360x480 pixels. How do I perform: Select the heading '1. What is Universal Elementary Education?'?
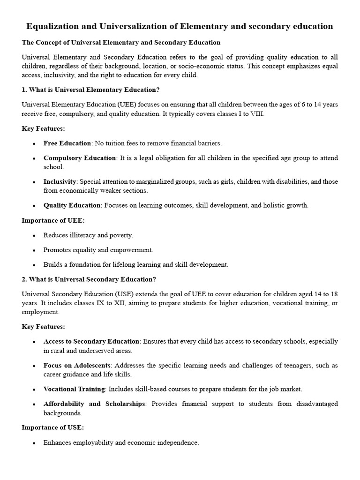coord(91,90)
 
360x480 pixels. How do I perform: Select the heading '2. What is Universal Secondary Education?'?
coord(89,279)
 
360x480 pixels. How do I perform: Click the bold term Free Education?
coord(67,143)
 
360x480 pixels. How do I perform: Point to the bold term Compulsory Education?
coord(80,158)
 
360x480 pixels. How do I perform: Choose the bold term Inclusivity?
coord(60,181)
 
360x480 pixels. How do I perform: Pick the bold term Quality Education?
coord(72,205)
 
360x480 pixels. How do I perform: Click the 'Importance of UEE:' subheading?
coord(53,220)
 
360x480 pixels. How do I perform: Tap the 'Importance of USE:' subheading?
coord(53,427)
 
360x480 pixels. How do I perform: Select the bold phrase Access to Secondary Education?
coord(91,341)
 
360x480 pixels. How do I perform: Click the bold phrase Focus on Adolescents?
coord(77,365)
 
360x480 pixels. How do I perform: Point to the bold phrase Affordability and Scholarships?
coord(94,404)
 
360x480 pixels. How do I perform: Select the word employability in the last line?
coord(91,442)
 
